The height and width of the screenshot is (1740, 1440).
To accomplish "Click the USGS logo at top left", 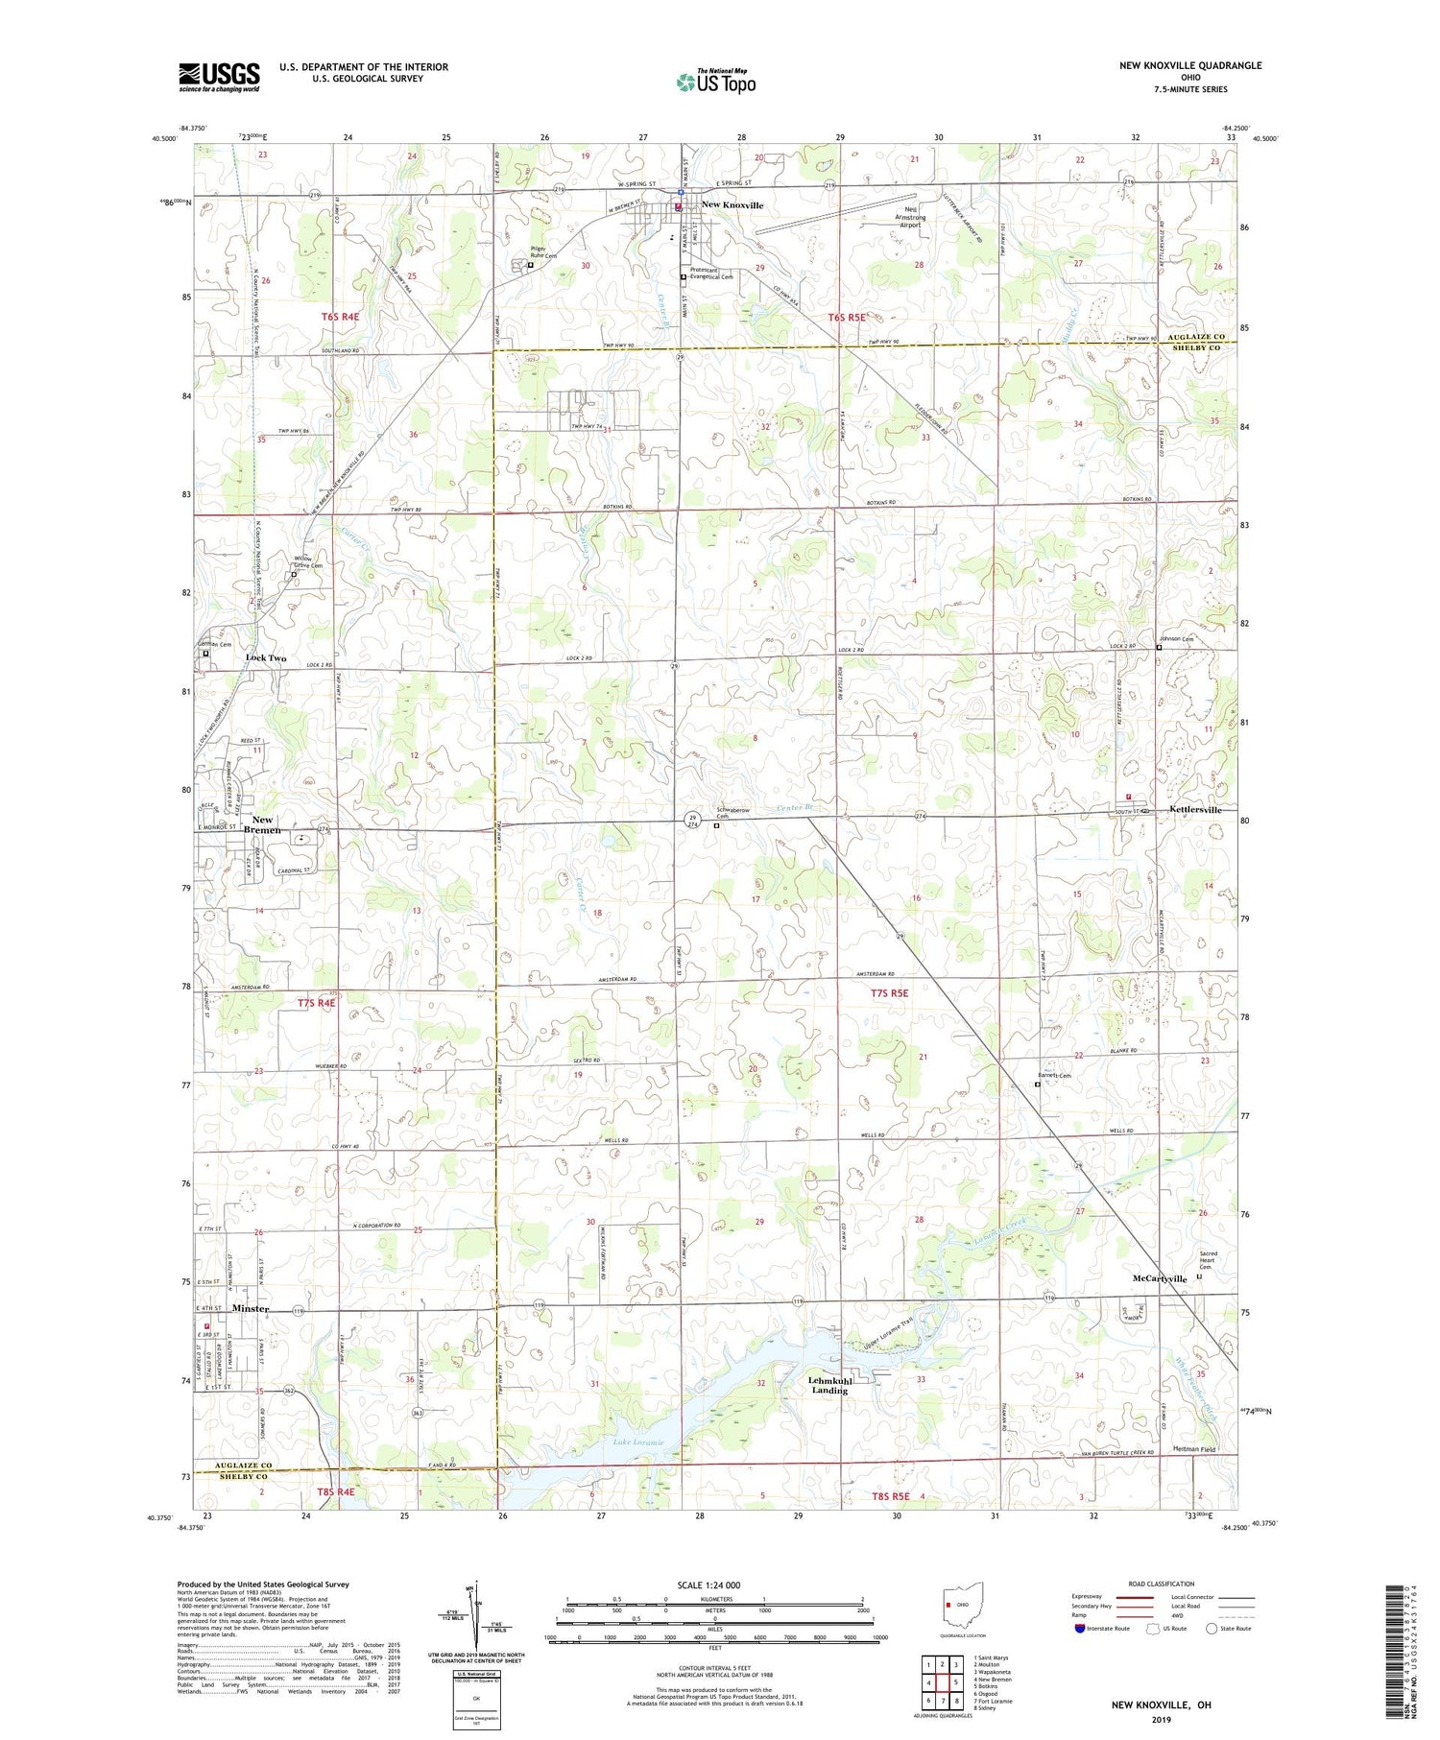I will point(219,77).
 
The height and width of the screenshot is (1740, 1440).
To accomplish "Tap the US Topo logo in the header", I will point(715,83).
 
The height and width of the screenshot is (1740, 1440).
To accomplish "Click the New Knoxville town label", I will point(732,205).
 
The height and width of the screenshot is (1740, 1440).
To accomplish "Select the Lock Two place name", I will point(266,658).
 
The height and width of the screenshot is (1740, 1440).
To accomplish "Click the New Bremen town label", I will point(261,824).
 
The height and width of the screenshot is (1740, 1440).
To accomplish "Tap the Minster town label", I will point(250,1309).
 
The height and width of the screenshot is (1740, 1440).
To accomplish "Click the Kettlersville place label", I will point(1195,810).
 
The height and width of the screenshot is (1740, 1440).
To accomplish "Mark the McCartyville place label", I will point(1160,1279).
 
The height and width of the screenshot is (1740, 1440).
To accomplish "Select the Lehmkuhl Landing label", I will point(829,1385).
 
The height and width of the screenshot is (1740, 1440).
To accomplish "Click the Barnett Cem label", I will point(1054,1076).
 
